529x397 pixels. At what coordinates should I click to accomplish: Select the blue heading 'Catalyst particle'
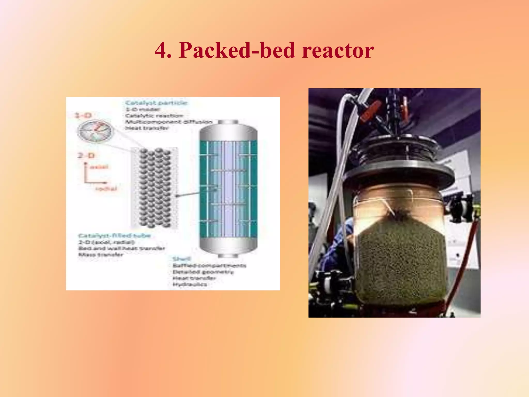(156, 103)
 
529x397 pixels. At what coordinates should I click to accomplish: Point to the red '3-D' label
(83, 115)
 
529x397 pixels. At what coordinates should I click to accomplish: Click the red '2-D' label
(86, 156)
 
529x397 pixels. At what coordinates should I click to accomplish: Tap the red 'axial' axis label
(99, 167)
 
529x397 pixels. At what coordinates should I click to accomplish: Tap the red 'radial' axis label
(106, 188)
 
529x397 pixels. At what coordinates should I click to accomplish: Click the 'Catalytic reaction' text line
(154, 116)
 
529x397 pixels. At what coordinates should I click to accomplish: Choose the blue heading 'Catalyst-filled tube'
(114, 235)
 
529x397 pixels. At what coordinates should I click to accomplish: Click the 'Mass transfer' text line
(101, 255)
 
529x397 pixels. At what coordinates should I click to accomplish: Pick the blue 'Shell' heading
(182, 259)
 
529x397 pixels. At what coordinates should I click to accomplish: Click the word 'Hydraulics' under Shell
(190, 285)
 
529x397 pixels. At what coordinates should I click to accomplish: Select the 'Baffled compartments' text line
(209, 265)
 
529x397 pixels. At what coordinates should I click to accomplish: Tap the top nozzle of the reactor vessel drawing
(228, 122)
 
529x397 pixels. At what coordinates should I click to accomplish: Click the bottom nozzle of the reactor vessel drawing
(228, 256)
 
